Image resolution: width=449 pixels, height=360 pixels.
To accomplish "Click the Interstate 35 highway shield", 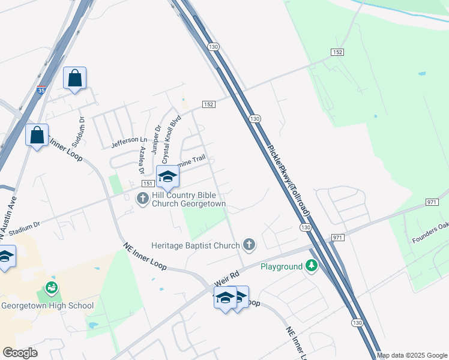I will point(40,91).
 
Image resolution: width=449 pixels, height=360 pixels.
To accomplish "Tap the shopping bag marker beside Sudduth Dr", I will point(74,79).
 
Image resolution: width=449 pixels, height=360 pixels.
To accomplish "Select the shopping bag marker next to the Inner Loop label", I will point(37,136).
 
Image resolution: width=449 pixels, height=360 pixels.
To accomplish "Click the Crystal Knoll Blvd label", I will point(172,135).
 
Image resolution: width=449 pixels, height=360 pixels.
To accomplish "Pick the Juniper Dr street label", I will point(156,140).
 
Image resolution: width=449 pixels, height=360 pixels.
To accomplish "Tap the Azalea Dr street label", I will point(143,160).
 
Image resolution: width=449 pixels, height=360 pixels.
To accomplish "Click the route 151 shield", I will point(148,184).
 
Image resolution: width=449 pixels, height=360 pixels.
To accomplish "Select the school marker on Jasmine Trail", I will point(167,177).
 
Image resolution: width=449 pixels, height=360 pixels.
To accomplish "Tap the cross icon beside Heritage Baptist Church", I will point(249,244).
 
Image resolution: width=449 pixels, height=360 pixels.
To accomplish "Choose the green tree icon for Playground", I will point(311,266).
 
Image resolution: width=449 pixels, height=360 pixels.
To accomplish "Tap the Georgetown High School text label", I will point(47,305).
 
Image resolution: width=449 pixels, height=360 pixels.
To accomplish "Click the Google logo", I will point(19,353).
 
